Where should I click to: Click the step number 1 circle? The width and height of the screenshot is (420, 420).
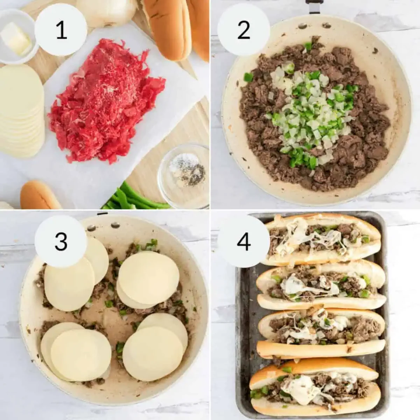coord(61,29)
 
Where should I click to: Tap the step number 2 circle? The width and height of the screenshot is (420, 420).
coord(244,29)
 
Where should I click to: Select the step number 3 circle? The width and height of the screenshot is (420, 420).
coord(61,241)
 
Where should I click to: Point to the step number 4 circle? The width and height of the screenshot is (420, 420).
coord(244,241)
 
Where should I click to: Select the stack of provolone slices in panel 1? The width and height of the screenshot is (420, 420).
coord(21,112)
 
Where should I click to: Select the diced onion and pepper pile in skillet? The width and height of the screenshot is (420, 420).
coord(308,112)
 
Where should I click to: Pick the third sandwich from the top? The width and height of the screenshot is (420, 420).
coord(320,331)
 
